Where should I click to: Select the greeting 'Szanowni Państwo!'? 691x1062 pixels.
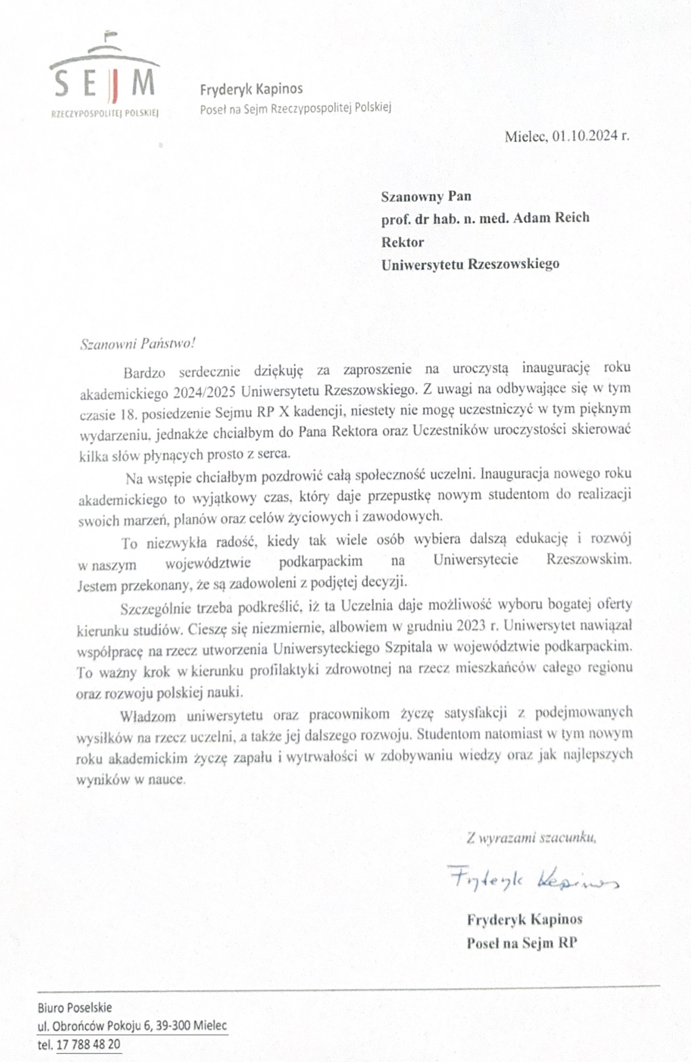click(138, 344)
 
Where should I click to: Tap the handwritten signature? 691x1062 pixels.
click(532, 880)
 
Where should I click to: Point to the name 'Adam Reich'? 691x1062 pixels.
click(551, 218)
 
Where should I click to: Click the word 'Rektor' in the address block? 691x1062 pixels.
click(403, 242)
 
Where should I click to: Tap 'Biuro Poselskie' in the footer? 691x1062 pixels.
click(75, 1007)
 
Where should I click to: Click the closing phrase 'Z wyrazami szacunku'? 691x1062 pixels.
click(531, 837)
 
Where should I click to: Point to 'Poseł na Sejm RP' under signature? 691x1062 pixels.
click(522, 943)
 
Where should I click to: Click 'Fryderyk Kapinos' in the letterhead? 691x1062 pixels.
click(251, 89)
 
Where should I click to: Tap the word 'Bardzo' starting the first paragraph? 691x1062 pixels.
click(144, 373)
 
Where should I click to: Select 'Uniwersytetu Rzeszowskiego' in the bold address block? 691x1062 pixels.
click(470, 264)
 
